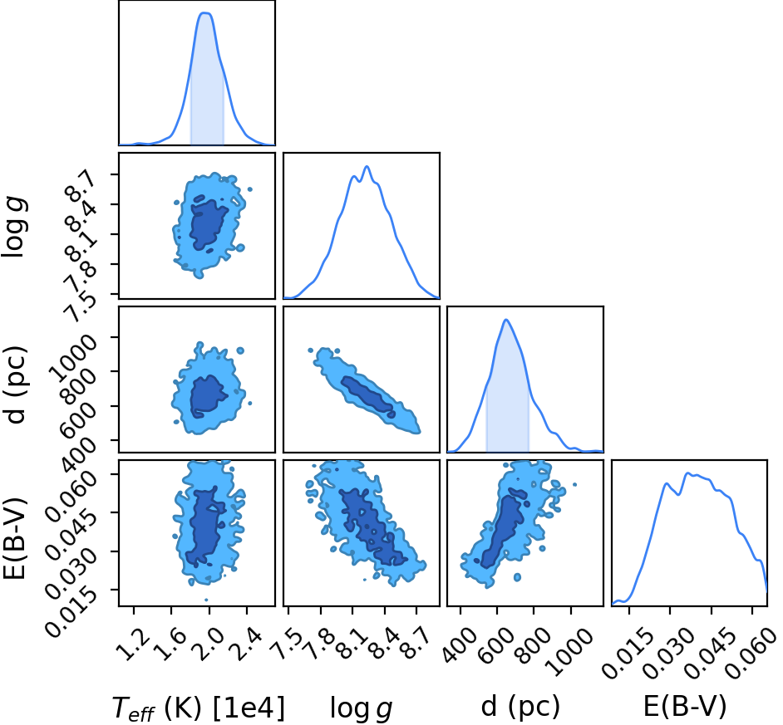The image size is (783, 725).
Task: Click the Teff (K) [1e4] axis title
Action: [x=199, y=708]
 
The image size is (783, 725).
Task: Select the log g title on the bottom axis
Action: [x=361, y=708]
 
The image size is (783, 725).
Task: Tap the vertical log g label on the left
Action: [x=14, y=227]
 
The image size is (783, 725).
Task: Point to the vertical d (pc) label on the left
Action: [x=16, y=385]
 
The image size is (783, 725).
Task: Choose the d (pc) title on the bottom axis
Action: [x=520, y=707]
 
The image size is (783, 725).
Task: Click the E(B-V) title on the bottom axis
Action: [x=685, y=707]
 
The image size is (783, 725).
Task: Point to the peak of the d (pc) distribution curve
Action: [x=506, y=320]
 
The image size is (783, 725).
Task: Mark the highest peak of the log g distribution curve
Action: [x=367, y=167]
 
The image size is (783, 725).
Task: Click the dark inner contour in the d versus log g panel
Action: [x=368, y=394]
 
